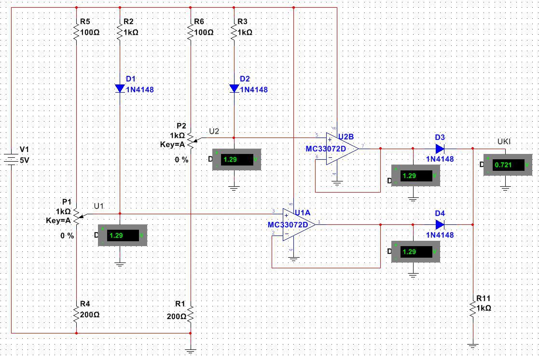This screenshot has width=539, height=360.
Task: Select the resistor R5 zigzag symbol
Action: point(76,32)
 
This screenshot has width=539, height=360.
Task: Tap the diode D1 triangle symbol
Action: point(120,88)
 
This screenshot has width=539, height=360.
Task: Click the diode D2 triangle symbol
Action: point(234,88)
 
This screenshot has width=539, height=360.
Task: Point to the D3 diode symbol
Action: point(440,149)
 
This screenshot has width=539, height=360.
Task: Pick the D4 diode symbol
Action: point(440,224)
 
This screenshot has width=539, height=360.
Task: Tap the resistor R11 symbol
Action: point(473,307)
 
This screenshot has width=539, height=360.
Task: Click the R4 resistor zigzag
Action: point(76,314)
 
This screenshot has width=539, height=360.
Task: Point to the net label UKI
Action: point(504,141)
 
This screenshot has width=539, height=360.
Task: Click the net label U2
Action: point(214,131)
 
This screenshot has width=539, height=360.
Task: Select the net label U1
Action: point(98,206)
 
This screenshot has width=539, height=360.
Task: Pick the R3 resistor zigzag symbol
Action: point(234,32)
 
